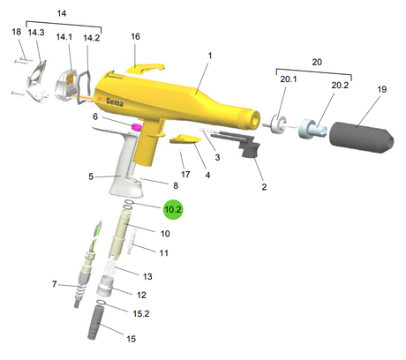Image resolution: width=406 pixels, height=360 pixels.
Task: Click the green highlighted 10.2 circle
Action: pyautogui.click(x=173, y=209)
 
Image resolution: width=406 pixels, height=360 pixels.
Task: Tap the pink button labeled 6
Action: pyautogui.click(x=136, y=127)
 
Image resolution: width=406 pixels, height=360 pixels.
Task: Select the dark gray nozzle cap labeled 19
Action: pyautogui.click(x=361, y=138)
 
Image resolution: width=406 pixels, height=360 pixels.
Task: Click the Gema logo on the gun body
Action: pyautogui.click(x=115, y=101)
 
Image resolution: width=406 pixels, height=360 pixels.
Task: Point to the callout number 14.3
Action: pyautogui.click(x=36, y=33)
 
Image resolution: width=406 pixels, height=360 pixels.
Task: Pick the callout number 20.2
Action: pyautogui.click(x=340, y=86)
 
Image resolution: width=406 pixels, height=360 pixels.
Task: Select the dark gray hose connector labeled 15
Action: pyautogui.click(x=95, y=322)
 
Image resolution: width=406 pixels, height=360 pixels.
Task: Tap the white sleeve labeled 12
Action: pyautogui.click(x=104, y=286)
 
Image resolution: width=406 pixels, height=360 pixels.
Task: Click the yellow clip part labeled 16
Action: pyautogui.click(x=146, y=68)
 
